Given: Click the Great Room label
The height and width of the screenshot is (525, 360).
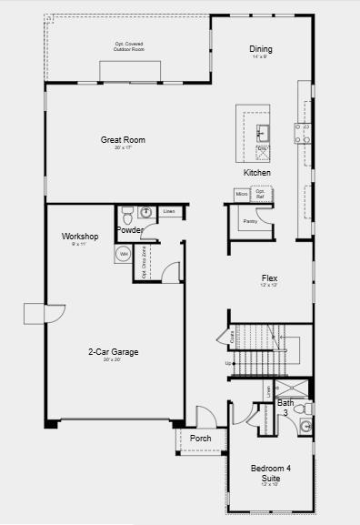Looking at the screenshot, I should (123, 140).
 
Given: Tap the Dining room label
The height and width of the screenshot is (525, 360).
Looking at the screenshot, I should (261, 49).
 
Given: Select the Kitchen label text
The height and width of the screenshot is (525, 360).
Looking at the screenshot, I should (257, 172).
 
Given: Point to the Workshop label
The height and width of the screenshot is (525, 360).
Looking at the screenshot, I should (80, 237).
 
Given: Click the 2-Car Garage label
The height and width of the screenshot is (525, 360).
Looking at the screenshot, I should (113, 352).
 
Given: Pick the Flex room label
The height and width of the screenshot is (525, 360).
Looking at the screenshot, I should (269, 278).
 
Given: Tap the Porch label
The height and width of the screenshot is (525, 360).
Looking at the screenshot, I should (201, 439).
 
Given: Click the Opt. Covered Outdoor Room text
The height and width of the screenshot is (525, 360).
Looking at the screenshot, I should (129, 45).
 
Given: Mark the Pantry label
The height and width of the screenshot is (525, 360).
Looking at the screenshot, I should (250, 221).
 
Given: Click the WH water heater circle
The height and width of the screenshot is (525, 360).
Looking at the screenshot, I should (124, 255).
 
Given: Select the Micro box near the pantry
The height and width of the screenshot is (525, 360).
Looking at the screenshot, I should (242, 194).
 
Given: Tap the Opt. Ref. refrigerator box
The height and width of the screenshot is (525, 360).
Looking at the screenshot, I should (260, 194).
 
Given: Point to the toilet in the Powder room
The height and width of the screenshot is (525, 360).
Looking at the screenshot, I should (126, 215).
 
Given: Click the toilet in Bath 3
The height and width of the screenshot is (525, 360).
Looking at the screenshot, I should (306, 409).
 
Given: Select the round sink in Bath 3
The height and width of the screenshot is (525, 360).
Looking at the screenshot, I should (306, 426).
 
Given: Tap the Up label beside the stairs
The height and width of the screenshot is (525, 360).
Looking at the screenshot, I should (228, 364).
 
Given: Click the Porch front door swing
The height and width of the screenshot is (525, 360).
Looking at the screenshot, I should (205, 418).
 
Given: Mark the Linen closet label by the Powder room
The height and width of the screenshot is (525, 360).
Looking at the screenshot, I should (169, 212).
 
